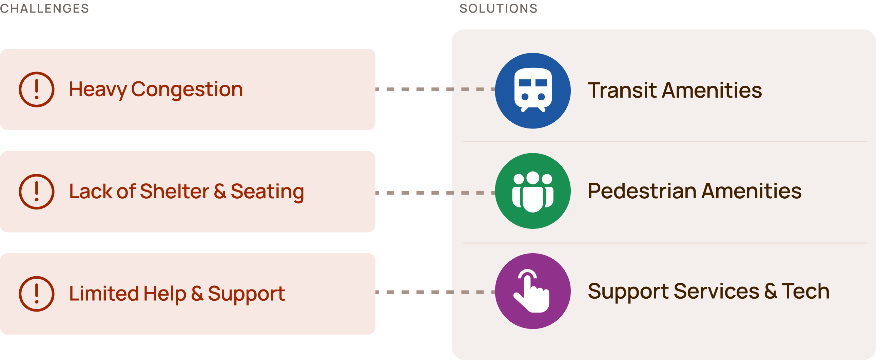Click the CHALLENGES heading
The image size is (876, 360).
pyautogui.click(x=44, y=8)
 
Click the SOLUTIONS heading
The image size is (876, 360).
pyautogui.click(x=498, y=8)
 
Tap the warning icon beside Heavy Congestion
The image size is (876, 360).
pyautogui.click(x=36, y=89)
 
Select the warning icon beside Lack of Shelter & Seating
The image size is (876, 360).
pyautogui.click(x=36, y=192)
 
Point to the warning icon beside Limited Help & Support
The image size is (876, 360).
pyautogui.click(x=36, y=294)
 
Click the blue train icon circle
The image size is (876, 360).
pyautogui.click(x=532, y=91)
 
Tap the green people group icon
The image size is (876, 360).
pyautogui.click(x=532, y=191)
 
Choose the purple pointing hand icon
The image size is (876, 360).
pyautogui.click(x=532, y=291)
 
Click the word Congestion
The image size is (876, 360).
pyautogui.click(x=187, y=90)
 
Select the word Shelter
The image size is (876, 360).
pyautogui.click(x=174, y=192)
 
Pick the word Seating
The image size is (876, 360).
pyautogui.click(x=267, y=192)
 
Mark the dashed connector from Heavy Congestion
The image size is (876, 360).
pyautogui.click(x=435, y=89)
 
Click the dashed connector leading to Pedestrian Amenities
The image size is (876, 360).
pyautogui.click(x=435, y=193)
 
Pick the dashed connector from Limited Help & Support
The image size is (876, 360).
pyautogui.click(x=435, y=292)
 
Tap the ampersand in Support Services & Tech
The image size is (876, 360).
pyautogui.click(x=771, y=291)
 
